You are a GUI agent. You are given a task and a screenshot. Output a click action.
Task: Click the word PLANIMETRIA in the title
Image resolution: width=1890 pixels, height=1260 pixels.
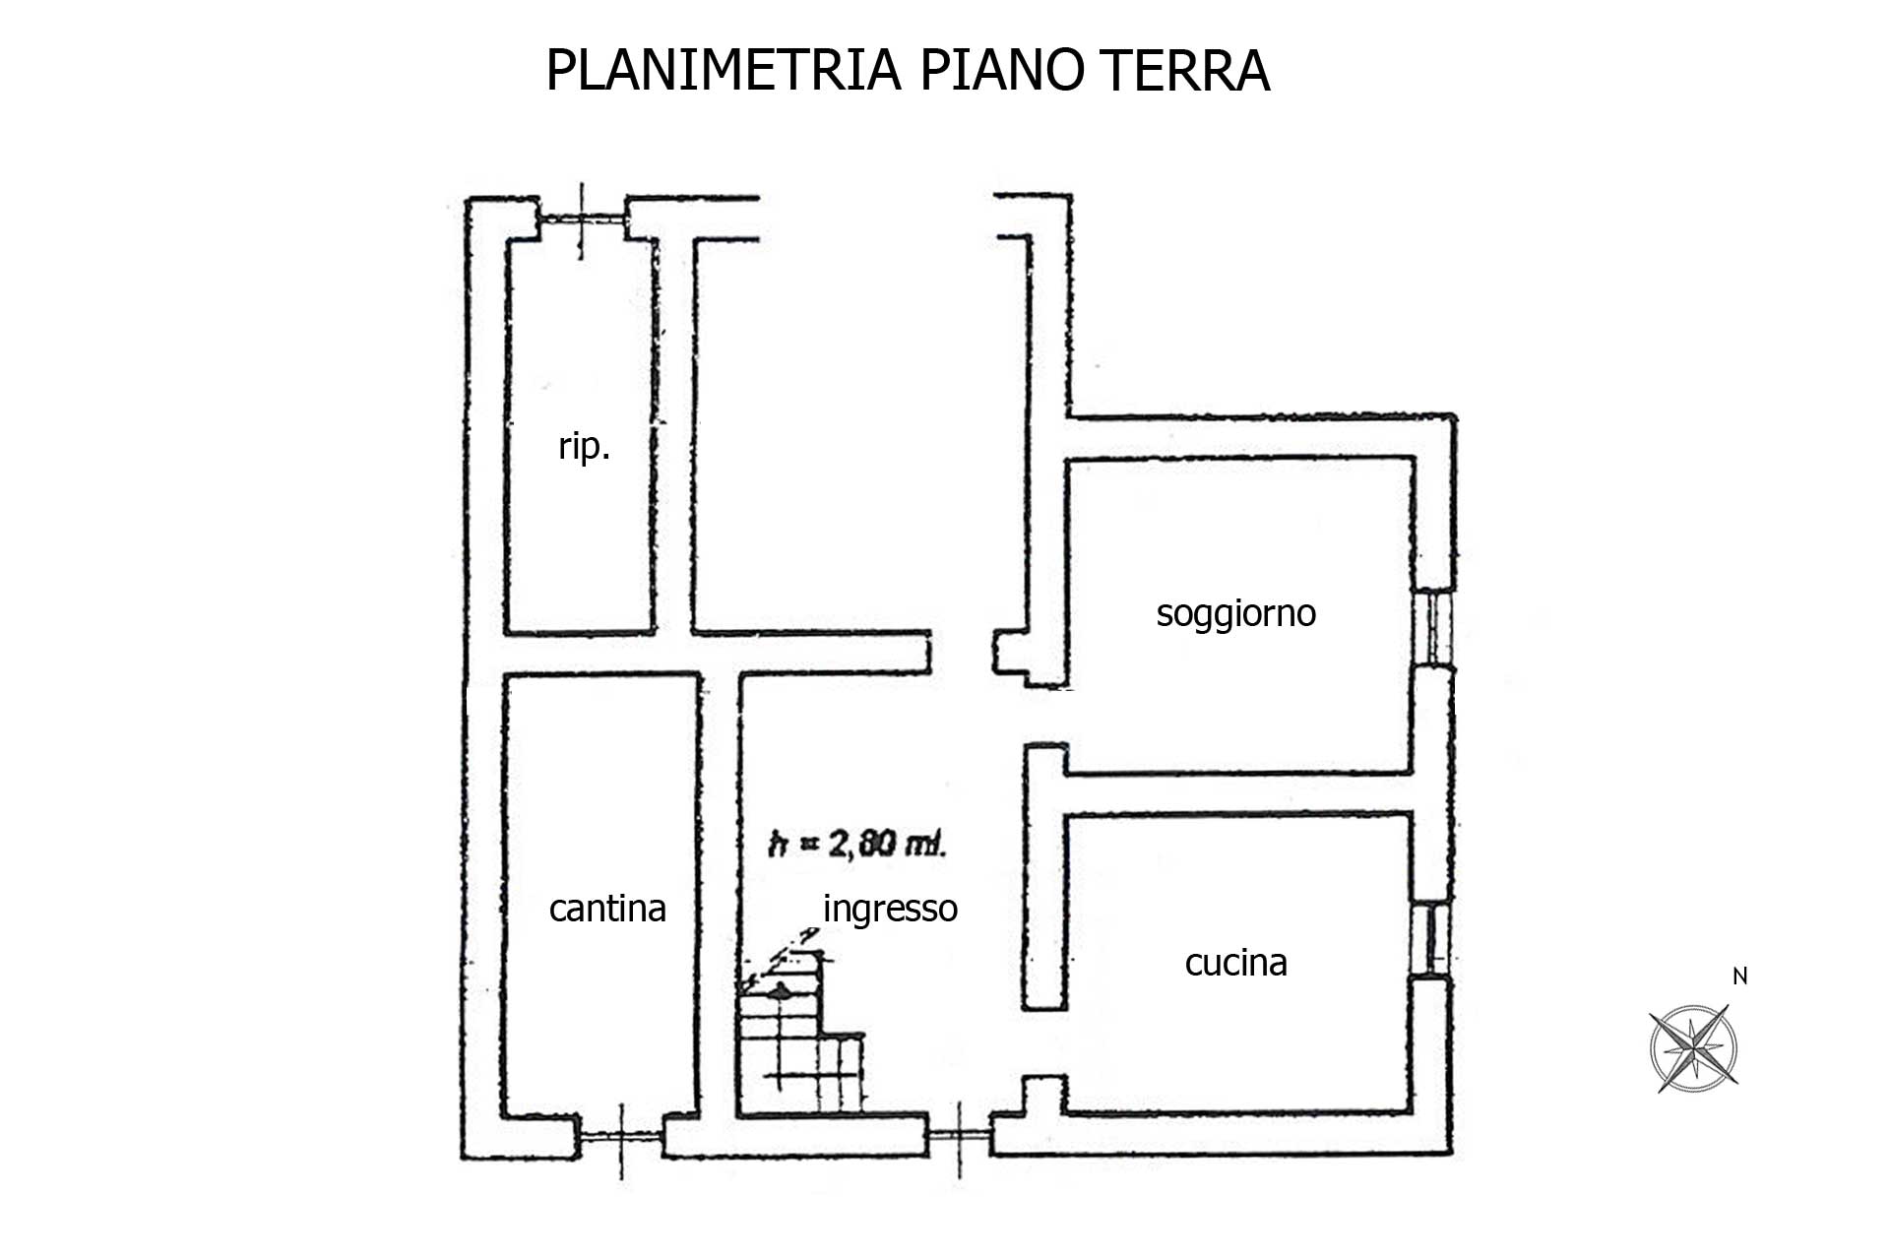[723, 70]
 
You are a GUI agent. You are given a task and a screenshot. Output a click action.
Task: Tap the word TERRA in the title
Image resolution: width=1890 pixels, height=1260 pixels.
[1192, 70]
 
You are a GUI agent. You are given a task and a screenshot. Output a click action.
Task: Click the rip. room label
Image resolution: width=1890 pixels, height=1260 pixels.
[585, 448]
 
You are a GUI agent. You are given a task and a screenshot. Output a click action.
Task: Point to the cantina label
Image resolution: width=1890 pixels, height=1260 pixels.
[607, 908]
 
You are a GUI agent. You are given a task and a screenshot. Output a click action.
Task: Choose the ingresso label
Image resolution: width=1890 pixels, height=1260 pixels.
[890, 909]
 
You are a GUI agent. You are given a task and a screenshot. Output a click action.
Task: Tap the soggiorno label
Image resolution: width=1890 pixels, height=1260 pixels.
[1235, 613]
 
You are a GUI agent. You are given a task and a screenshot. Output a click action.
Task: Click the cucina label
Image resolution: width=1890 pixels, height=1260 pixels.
[1235, 962]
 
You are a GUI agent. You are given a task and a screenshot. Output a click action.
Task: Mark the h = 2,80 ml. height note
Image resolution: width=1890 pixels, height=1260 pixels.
[856, 844]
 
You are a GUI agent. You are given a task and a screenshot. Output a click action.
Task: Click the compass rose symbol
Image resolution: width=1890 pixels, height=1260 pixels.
[1693, 1047]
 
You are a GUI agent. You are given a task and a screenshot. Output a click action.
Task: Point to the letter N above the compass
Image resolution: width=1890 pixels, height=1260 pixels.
[1739, 976]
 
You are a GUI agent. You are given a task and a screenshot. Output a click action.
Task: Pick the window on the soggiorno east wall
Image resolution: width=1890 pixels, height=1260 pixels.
[1433, 626]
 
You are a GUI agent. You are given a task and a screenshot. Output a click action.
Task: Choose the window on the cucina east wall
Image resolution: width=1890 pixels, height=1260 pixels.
[1429, 937]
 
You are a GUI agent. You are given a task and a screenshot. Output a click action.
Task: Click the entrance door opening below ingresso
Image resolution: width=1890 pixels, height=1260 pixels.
[960, 1136]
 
